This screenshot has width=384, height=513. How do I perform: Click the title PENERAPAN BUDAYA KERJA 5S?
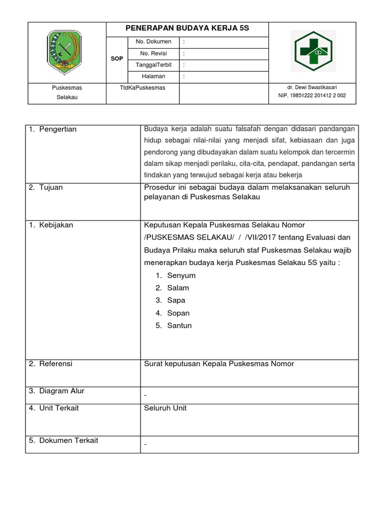[x=187, y=29]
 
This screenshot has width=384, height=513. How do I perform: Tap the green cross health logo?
[x=312, y=51]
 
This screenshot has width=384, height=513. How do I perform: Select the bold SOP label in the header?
[x=116, y=59]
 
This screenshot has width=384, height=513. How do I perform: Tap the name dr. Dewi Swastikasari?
[x=312, y=87]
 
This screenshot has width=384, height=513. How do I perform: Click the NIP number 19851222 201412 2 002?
[x=312, y=95]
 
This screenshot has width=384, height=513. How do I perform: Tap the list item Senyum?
[x=181, y=276]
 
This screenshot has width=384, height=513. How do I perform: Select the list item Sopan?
[x=178, y=313]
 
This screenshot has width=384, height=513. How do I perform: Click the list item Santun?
[x=179, y=326]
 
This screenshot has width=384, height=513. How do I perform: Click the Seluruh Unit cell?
[x=165, y=408]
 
